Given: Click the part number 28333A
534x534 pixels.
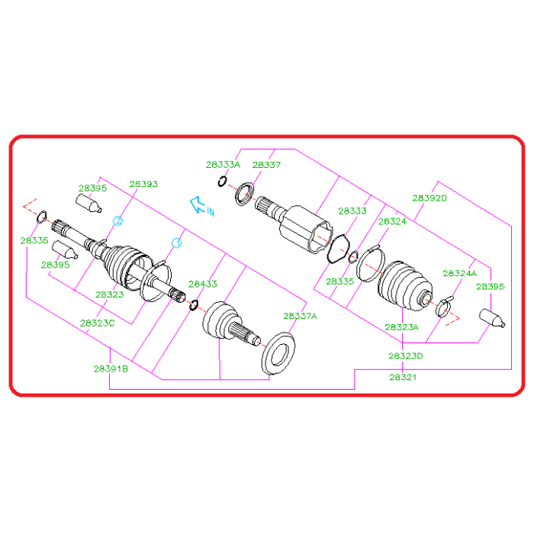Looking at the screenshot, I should pos(223,164).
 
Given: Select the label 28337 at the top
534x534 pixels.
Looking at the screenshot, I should pos(266,164).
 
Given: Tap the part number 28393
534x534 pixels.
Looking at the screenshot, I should pos(143,184).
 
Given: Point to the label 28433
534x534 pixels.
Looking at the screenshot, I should pos(203,284).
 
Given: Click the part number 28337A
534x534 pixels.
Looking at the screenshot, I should pos(300,316).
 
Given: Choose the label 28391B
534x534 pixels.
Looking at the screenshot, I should pos(111,368).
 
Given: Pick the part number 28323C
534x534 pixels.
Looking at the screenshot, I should pos(97,323).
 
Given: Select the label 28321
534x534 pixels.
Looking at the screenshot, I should pos(403,376).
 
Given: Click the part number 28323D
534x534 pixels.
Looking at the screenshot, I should pos(405,356).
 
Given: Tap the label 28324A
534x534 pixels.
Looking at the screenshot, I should pos(459,272).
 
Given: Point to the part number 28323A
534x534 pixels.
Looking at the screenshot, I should pos(401,327).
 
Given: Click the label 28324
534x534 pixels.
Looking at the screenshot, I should pos(392,221).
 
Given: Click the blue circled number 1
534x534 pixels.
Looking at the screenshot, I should pos(177,243).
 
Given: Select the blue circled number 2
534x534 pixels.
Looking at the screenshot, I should pos(118,220).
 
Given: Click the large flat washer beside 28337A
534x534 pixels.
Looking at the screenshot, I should pos(276,354).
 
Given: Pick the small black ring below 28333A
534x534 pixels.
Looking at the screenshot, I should pos(222,182).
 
